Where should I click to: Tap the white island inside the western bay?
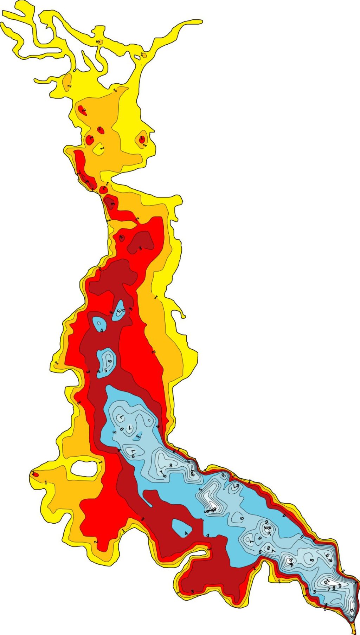click(x=84, y=468)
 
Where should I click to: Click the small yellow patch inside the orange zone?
click(x=99, y=149)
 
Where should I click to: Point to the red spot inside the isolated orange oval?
click(x=142, y=139)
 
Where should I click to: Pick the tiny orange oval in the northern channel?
click(x=99, y=42)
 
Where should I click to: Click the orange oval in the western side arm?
click(x=67, y=82)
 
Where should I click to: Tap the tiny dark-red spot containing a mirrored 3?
click(x=122, y=238)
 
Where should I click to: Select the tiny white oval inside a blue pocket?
click(x=99, y=323)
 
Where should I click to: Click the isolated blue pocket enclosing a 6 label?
click(x=106, y=362)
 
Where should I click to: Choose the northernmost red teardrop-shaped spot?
click(x=83, y=110)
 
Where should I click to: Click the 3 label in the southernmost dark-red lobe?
click(x=192, y=592)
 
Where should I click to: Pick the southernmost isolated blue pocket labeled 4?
click(x=182, y=527)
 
